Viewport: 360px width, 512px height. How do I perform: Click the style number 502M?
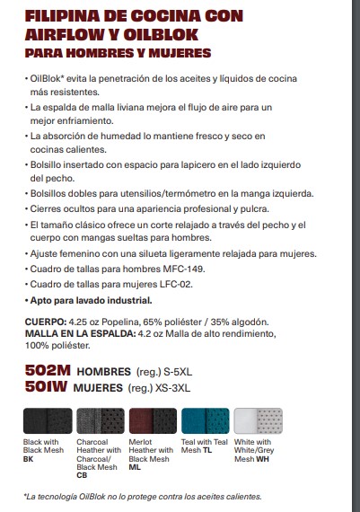pos(48,370)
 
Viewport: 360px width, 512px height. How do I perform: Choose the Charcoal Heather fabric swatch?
pos(101,420)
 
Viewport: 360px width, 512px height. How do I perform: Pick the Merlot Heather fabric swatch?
pos(153,420)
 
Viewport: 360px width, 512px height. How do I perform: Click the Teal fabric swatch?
pos(205,420)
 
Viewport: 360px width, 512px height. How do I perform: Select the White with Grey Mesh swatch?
pos(258,420)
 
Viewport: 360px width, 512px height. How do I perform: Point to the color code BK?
pos(28,459)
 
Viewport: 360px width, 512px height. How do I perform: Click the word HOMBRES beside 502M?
pos(103,371)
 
